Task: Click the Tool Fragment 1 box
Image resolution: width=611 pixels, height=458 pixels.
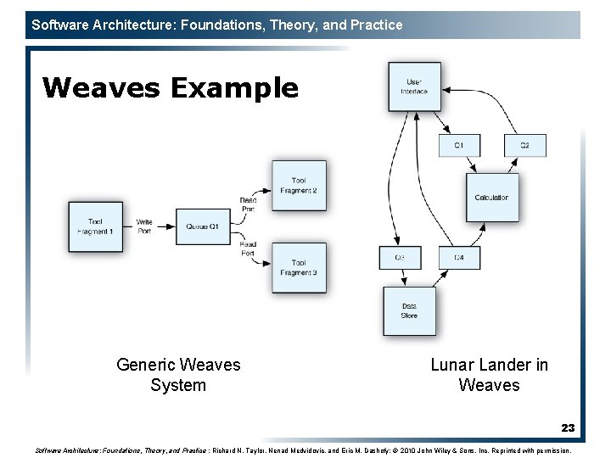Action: (x=95, y=226)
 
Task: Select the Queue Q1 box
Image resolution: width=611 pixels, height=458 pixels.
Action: (x=204, y=226)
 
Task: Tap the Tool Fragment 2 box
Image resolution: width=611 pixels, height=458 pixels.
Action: (x=299, y=186)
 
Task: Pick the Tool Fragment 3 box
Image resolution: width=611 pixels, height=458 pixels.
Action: (x=299, y=268)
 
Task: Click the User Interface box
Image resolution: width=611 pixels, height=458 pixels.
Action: (x=415, y=87)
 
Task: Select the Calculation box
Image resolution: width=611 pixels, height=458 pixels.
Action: (x=491, y=198)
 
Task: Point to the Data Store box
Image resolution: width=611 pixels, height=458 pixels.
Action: (x=409, y=310)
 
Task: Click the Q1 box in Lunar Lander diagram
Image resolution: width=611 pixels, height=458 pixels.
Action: (x=459, y=145)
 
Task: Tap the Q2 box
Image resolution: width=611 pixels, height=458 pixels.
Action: (x=524, y=145)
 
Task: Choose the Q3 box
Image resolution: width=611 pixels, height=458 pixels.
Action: (x=399, y=257)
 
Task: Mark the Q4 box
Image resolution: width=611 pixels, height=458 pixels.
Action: (x=459, y=257)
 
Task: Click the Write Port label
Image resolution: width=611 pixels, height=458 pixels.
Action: (x=144, y=226)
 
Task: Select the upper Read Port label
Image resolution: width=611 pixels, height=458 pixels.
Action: (x=248, y=204)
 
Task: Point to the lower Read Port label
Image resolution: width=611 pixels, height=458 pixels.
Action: (x=248, y=248)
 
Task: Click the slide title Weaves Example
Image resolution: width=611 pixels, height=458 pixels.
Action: (x=170, y=87)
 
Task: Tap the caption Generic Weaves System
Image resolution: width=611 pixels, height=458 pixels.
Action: (x=178, y=375)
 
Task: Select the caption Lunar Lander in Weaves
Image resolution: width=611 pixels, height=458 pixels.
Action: (x=489, y=375)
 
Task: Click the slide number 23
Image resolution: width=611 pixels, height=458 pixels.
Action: (x=568, y=428)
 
